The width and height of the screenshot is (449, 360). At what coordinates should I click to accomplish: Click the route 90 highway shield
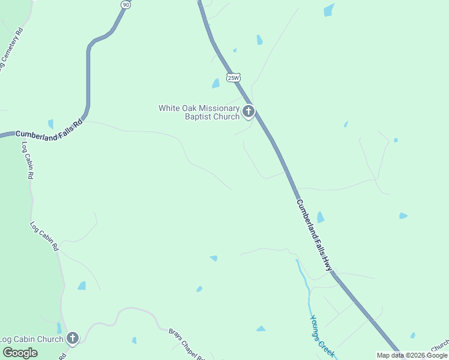tap(125, 4)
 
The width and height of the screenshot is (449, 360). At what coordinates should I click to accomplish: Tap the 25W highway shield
tap(234, 77)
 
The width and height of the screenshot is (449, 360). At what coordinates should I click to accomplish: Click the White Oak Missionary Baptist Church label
tap(199, 112)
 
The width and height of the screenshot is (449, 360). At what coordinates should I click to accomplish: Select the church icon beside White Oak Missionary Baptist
tap(248, 111)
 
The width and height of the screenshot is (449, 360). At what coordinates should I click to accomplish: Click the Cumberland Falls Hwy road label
tap(313, 235)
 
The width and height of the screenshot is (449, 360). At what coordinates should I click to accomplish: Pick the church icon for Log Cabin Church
tap(73, 338)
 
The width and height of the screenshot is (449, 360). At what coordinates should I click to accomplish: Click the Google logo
tap(20, 353)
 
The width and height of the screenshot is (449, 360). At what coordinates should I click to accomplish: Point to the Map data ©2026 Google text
tap(412, 355)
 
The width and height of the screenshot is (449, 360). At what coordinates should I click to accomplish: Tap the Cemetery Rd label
tap(12, 51)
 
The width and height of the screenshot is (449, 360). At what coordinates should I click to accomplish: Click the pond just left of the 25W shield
tap(215, 83)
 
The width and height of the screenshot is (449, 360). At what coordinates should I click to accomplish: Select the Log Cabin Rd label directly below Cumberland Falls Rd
tap(28, 160)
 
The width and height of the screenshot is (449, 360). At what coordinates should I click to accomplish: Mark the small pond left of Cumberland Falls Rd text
tap(50, 124)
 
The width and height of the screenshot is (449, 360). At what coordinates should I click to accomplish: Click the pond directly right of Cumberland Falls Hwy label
tap(320, 217)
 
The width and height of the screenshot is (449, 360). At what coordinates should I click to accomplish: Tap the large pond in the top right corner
tap(328, 10)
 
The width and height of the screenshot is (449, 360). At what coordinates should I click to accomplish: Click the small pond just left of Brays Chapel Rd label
tap(134, 340)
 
